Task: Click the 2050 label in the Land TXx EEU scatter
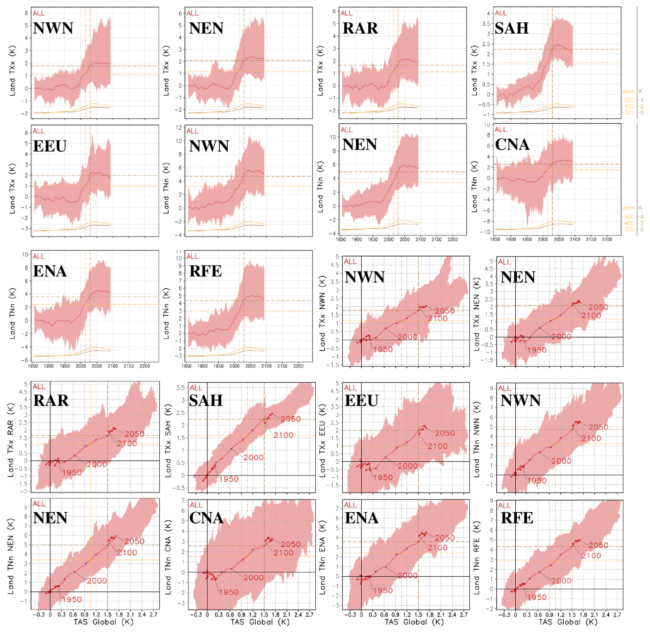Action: click(445, 433)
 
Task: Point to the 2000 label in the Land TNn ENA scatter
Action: click(407, 575)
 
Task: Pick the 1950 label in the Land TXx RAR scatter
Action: click(72, 472)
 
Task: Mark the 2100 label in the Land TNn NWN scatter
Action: click(591, 438)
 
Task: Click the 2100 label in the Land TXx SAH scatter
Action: click(283, 435)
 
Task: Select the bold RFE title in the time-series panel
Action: click(205, 271)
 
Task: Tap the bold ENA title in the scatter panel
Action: click(361, 518)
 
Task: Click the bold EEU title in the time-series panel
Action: click(50, 146)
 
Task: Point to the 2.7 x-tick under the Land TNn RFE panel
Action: click(617, 614)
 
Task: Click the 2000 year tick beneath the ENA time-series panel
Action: click(81, 366)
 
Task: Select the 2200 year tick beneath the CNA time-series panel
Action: click(607, 239)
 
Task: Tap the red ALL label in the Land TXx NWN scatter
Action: click(350, 261)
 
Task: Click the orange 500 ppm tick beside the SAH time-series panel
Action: click(629, 100)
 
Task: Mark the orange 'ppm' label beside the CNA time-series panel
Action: click(628, 208)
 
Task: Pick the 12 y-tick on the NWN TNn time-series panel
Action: click(179, 128)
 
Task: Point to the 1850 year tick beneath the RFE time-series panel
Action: click(187, 366)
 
